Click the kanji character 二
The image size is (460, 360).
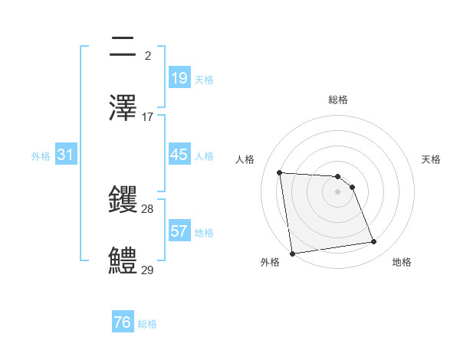click(123, 47)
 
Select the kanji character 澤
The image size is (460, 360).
click(123, 106)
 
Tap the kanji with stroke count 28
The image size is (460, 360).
click(123, 201)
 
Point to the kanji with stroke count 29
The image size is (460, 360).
click(123, 260)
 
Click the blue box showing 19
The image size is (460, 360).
click(179, 77)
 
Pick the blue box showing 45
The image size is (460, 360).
click(179, 154)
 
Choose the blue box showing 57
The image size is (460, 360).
click(179, 231)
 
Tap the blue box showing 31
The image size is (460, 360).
click(66, 155)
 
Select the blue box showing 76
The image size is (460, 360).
click(122, 322)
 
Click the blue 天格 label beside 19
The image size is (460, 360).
click(204, 79)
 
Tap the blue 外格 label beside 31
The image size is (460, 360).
click(41, 155)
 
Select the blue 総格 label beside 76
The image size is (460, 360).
click(147, 324)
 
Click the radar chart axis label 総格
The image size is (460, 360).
click(338, 100)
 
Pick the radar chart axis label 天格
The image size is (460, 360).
click(431, 159)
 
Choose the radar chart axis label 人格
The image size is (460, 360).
click(245, 159)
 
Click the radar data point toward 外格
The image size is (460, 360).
click(292, 253)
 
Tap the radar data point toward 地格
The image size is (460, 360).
click(374, 242)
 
